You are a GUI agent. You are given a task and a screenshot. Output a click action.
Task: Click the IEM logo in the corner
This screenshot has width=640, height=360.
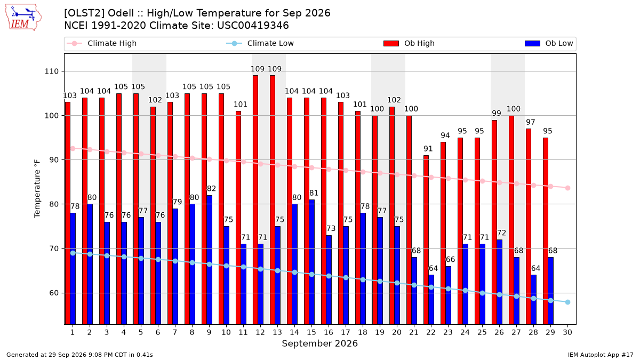point(23,18)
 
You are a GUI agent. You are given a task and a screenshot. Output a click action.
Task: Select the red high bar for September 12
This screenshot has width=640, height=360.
point(255,199)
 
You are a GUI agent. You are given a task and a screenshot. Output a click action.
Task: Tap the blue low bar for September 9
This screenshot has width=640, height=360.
point(209,260)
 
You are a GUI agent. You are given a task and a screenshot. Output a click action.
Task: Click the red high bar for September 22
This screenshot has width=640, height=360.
point(426,239)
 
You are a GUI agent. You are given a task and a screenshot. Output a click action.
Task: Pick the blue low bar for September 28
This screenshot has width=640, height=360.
point(533,299)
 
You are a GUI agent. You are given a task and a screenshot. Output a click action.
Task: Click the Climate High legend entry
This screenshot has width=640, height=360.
point(102,43)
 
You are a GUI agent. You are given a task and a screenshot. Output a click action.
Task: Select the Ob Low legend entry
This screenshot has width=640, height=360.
point(549,43)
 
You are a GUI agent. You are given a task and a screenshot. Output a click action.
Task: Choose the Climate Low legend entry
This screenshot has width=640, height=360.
point(260,43)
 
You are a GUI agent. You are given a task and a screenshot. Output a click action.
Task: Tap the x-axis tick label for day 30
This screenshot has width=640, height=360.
point(567,332)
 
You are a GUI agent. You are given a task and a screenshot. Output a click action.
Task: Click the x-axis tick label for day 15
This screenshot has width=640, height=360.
point(311,332)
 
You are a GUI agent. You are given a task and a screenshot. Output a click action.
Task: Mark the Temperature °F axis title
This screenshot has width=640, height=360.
point(37,189)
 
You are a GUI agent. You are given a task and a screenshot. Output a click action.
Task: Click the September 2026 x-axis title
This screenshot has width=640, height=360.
point(319,343)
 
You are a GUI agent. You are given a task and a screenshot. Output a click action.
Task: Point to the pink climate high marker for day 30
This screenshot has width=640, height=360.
point(567,188)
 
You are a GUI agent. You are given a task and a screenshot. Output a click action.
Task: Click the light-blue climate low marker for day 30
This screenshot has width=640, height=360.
point(567,302)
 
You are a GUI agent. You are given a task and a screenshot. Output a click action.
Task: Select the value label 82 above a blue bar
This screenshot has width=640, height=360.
point(211,189)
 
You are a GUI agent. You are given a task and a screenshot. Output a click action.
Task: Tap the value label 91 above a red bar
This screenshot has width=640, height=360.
point(428,149)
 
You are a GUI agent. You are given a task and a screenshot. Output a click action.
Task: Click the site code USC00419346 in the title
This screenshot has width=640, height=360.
point(253,26)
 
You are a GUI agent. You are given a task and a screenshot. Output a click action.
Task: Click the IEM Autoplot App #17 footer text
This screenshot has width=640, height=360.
point(601,355)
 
